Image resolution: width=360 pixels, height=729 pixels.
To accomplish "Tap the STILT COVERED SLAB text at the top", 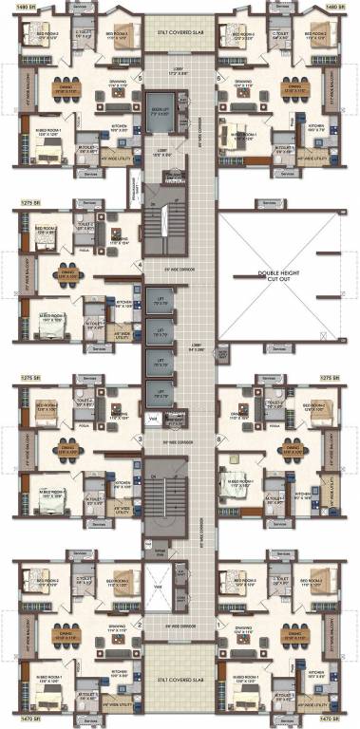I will (x=180, y=30).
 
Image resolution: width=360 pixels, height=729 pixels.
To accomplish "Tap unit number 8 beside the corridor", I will (x=219, y=439).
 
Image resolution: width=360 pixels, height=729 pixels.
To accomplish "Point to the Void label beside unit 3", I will (x=152, y=415).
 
